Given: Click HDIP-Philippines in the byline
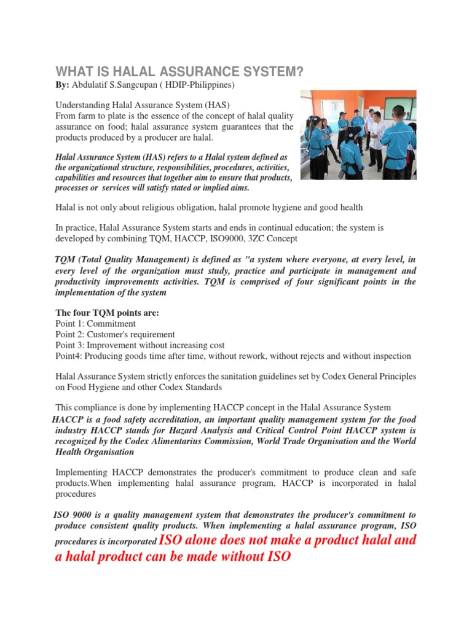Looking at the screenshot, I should pyautogui.click(x=196, y=84).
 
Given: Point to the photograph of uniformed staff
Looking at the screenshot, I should pyautogui.click(x=358, y=135).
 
